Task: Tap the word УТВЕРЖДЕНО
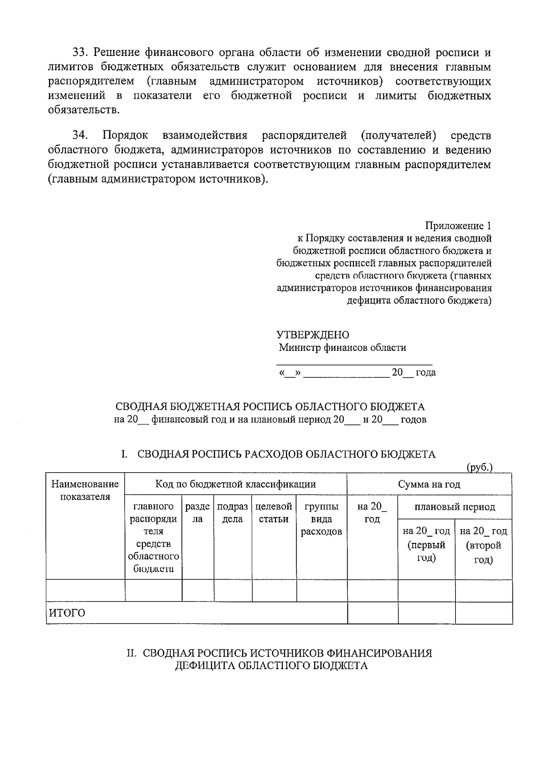pos(312,335)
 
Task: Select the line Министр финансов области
pos(342,347)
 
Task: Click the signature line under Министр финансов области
pos(354,365)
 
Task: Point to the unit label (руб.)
pos(479,467)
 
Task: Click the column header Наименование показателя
pos(85,490)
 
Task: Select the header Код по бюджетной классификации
pos(235,484)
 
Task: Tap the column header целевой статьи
pos(273,513)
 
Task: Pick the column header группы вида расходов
pos(321,519)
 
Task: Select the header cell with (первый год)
pos(426,545)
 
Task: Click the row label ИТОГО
pos(67,613)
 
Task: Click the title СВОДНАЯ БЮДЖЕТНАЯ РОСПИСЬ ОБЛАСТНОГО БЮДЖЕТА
pos(270,407)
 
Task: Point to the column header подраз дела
pos(232,513)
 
